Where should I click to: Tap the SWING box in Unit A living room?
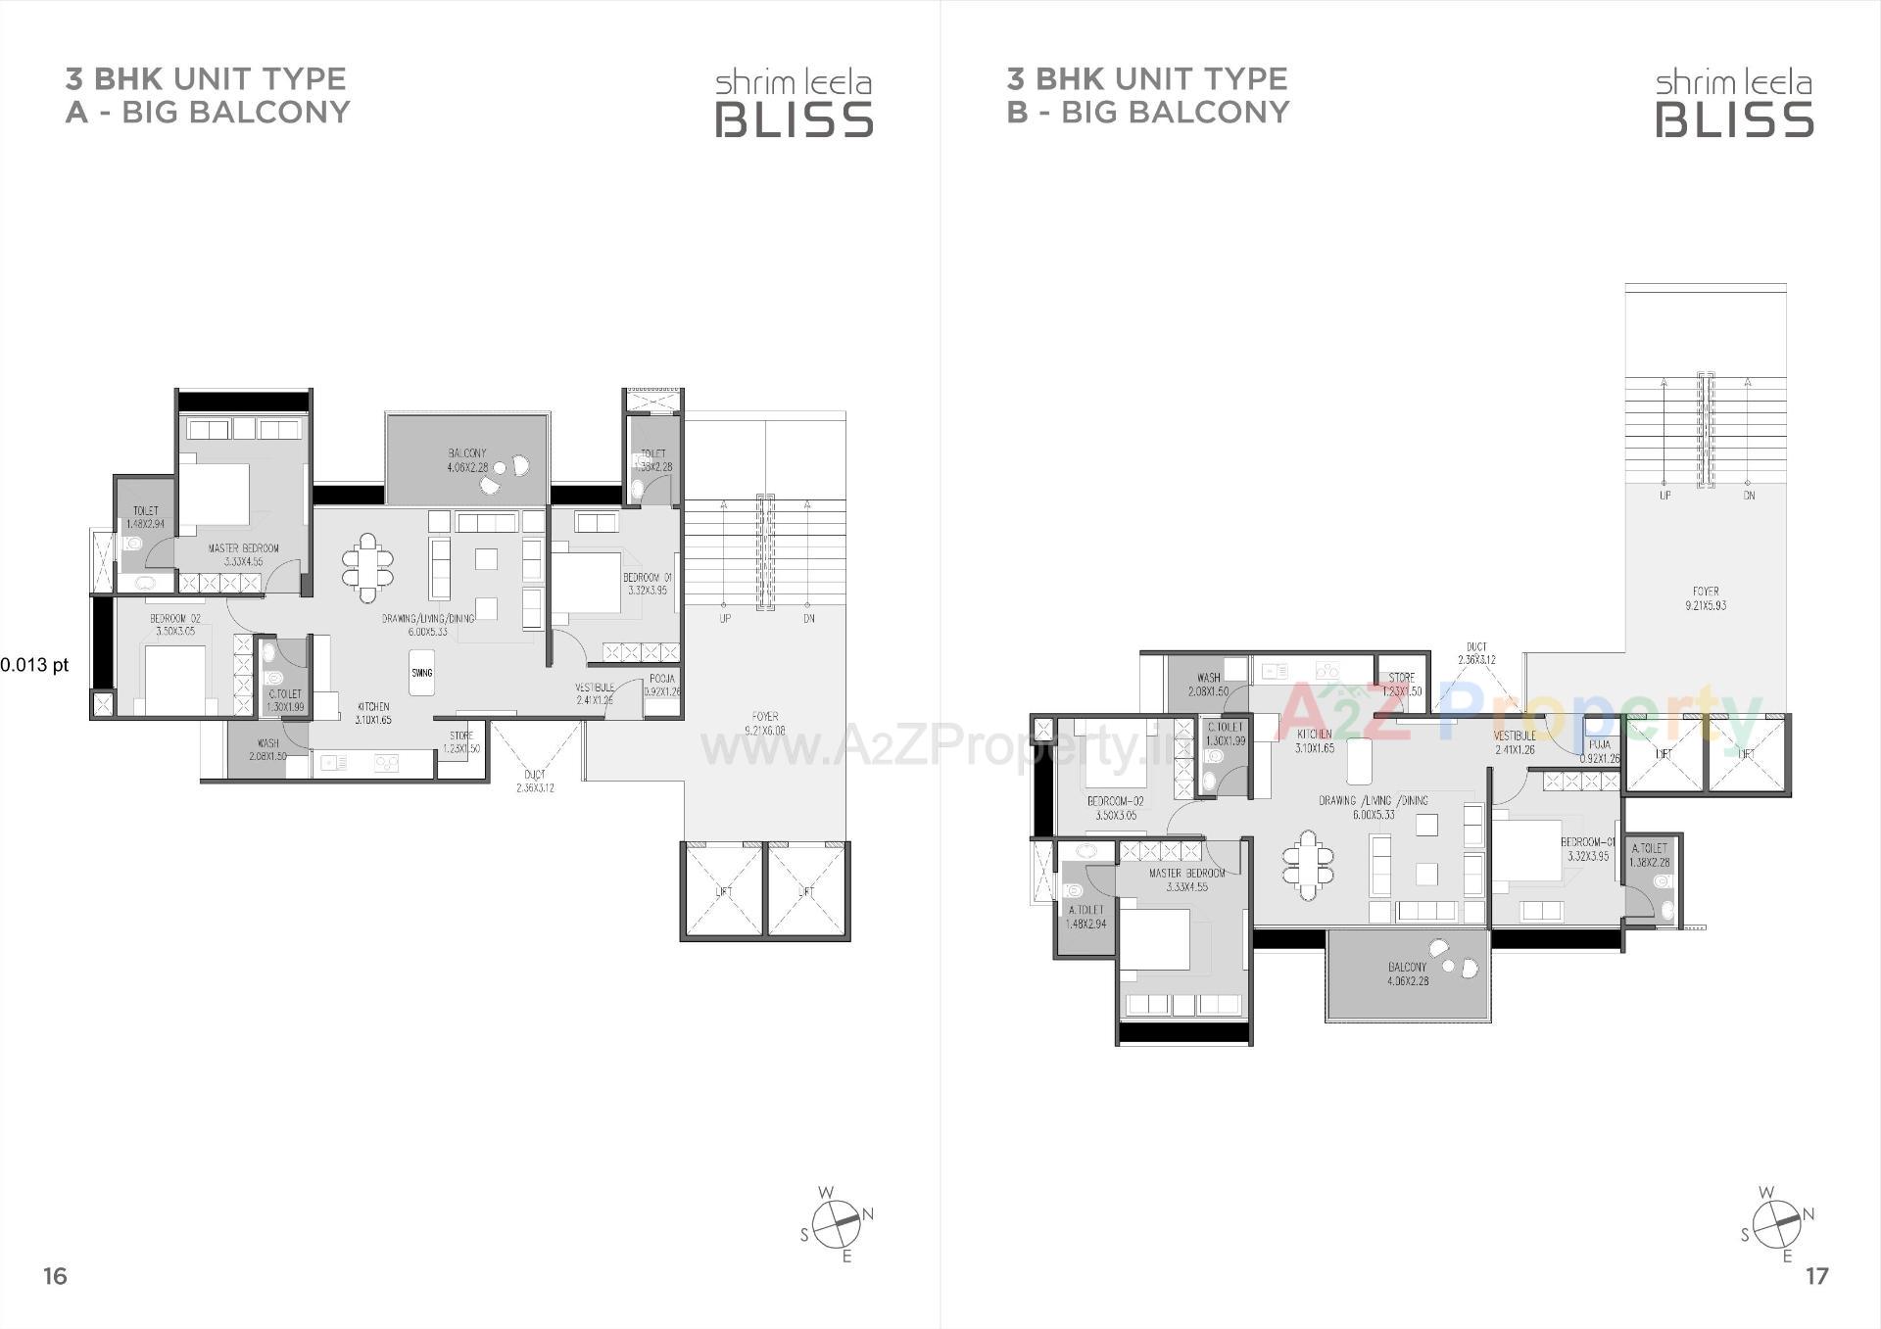pos(421,673)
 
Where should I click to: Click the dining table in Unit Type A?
pos(367,567)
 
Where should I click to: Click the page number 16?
pos(55,1275)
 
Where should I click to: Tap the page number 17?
pos(1816,1275)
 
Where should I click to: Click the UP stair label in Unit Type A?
pos(725,619)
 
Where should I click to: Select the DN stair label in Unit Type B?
pos(1749,496)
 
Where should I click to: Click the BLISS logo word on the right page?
pos(1734,119)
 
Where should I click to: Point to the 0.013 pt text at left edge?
pos(34,665)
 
